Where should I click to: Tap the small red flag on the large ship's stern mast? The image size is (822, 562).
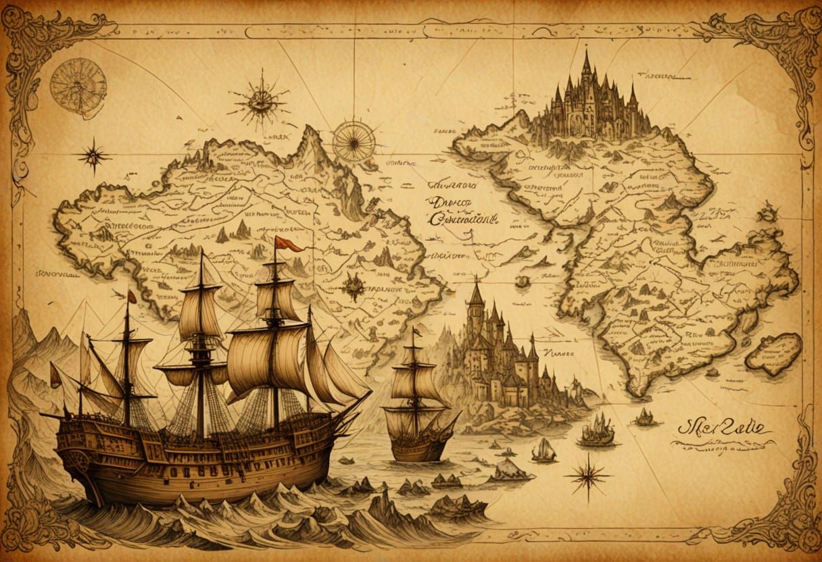pos(132,297)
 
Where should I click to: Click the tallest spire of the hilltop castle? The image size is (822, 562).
pos(586,64)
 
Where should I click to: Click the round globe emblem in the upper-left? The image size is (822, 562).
pos(78,86)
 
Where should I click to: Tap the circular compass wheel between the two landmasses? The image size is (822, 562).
pos(353,141)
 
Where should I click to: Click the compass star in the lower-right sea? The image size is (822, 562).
pos(587,476)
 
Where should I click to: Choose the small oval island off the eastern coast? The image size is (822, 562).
pos(773,355)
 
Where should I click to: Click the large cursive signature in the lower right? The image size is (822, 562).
pos(723,428)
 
